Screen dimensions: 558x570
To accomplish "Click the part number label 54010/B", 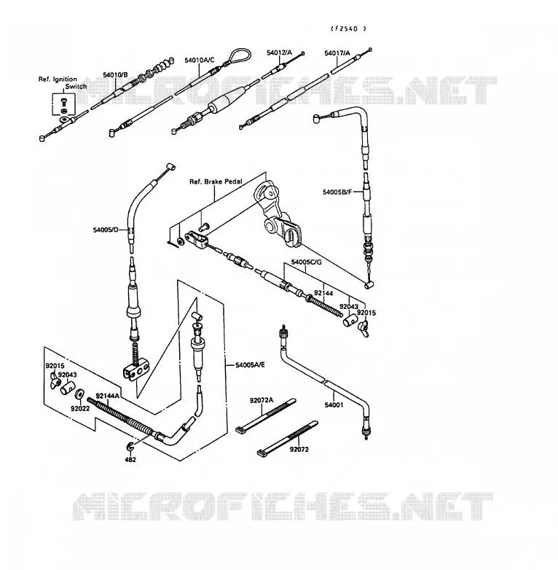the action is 115,75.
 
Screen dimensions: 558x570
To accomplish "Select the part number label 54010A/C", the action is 200,60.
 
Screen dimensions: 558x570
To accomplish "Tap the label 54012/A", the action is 279,52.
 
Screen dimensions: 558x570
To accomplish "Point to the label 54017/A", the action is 337,53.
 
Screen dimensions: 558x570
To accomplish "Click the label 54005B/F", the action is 337,192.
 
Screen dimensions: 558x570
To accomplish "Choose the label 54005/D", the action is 106,230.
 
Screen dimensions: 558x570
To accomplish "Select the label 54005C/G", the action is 306,262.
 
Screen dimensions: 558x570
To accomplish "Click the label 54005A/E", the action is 250,364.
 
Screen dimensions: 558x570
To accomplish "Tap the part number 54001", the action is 334,405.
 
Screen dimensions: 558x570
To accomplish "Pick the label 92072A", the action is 262,400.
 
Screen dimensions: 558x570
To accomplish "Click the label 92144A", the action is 108,396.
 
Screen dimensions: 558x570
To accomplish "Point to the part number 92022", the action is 80,409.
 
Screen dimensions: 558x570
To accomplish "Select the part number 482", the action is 130,459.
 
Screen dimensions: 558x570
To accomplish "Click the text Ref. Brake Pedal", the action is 216,181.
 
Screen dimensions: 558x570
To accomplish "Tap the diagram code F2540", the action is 348,28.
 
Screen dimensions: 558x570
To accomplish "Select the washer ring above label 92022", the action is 79,394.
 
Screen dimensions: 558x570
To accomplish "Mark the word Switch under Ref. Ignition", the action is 76,87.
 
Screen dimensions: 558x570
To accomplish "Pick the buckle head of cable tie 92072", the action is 262,453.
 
